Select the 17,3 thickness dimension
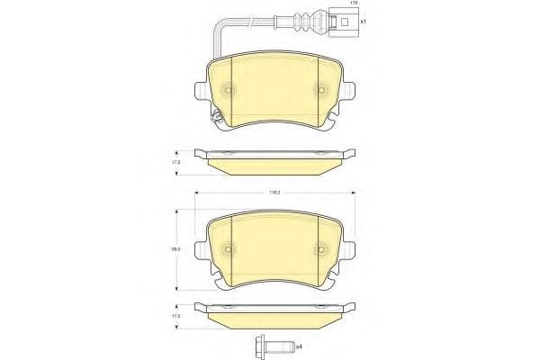(177, 162)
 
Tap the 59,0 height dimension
(177, 252)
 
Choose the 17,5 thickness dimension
(177, 317)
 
